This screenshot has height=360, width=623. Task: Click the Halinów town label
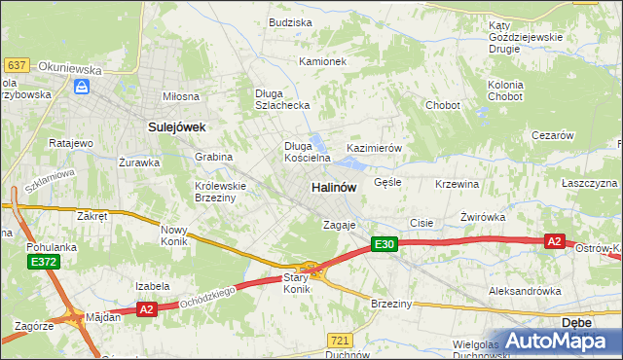tap(333, 187)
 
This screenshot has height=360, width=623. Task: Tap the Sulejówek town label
tap(175, 126)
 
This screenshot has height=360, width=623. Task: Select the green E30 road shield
tap(384, 245)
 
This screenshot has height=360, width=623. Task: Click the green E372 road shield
tap(42, 262)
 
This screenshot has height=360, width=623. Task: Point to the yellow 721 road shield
tap(339, 340)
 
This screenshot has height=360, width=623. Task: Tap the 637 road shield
tap(16, 64)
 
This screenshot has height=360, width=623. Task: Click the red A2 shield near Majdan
tap(146, 309)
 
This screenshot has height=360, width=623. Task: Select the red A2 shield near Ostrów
tap(554, 241)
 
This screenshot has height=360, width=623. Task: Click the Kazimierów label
tap(375, 148)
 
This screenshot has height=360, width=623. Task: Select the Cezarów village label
tap(552, 136)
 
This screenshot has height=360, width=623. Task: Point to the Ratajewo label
tap(70, 143)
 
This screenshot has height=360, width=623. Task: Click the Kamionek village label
tap(322, 60)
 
